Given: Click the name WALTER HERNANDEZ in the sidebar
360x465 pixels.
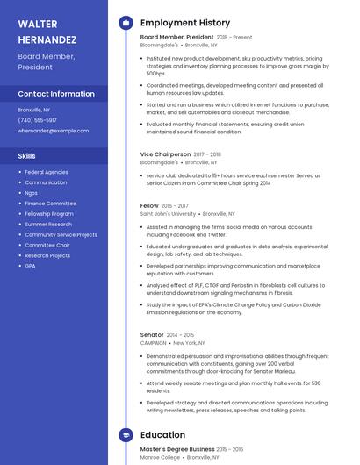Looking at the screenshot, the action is [47, 31].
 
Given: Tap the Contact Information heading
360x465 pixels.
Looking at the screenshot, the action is [56, 94].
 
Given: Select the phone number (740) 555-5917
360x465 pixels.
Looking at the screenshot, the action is [37, 120].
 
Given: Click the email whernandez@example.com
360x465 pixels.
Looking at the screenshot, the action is [53, 131].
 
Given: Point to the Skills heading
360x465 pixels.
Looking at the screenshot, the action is [27, 155].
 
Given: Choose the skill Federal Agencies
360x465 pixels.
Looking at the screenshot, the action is [47, 172].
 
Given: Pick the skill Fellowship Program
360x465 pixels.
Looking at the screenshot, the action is [49, 214].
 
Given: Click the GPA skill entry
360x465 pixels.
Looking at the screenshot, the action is [30, 266].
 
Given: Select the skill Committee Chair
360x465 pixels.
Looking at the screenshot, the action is [47, 245].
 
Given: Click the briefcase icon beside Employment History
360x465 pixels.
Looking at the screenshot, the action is [126, 23].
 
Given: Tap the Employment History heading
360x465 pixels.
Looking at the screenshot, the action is [184, 23].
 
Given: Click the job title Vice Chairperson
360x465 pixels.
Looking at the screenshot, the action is [164, 154].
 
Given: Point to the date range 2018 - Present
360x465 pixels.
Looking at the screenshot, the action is [234, 38].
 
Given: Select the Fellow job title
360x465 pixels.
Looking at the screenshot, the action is [149, 205].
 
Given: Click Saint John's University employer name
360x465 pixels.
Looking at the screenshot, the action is [168, 213].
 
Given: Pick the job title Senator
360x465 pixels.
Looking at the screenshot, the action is [152, 334].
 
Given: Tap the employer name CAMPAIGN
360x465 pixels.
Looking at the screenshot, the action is [154, 343].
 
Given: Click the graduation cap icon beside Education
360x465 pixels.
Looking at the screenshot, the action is [126, 434].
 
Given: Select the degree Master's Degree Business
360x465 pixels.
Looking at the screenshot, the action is [176, 449].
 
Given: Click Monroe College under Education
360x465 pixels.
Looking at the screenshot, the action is [160, 457].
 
